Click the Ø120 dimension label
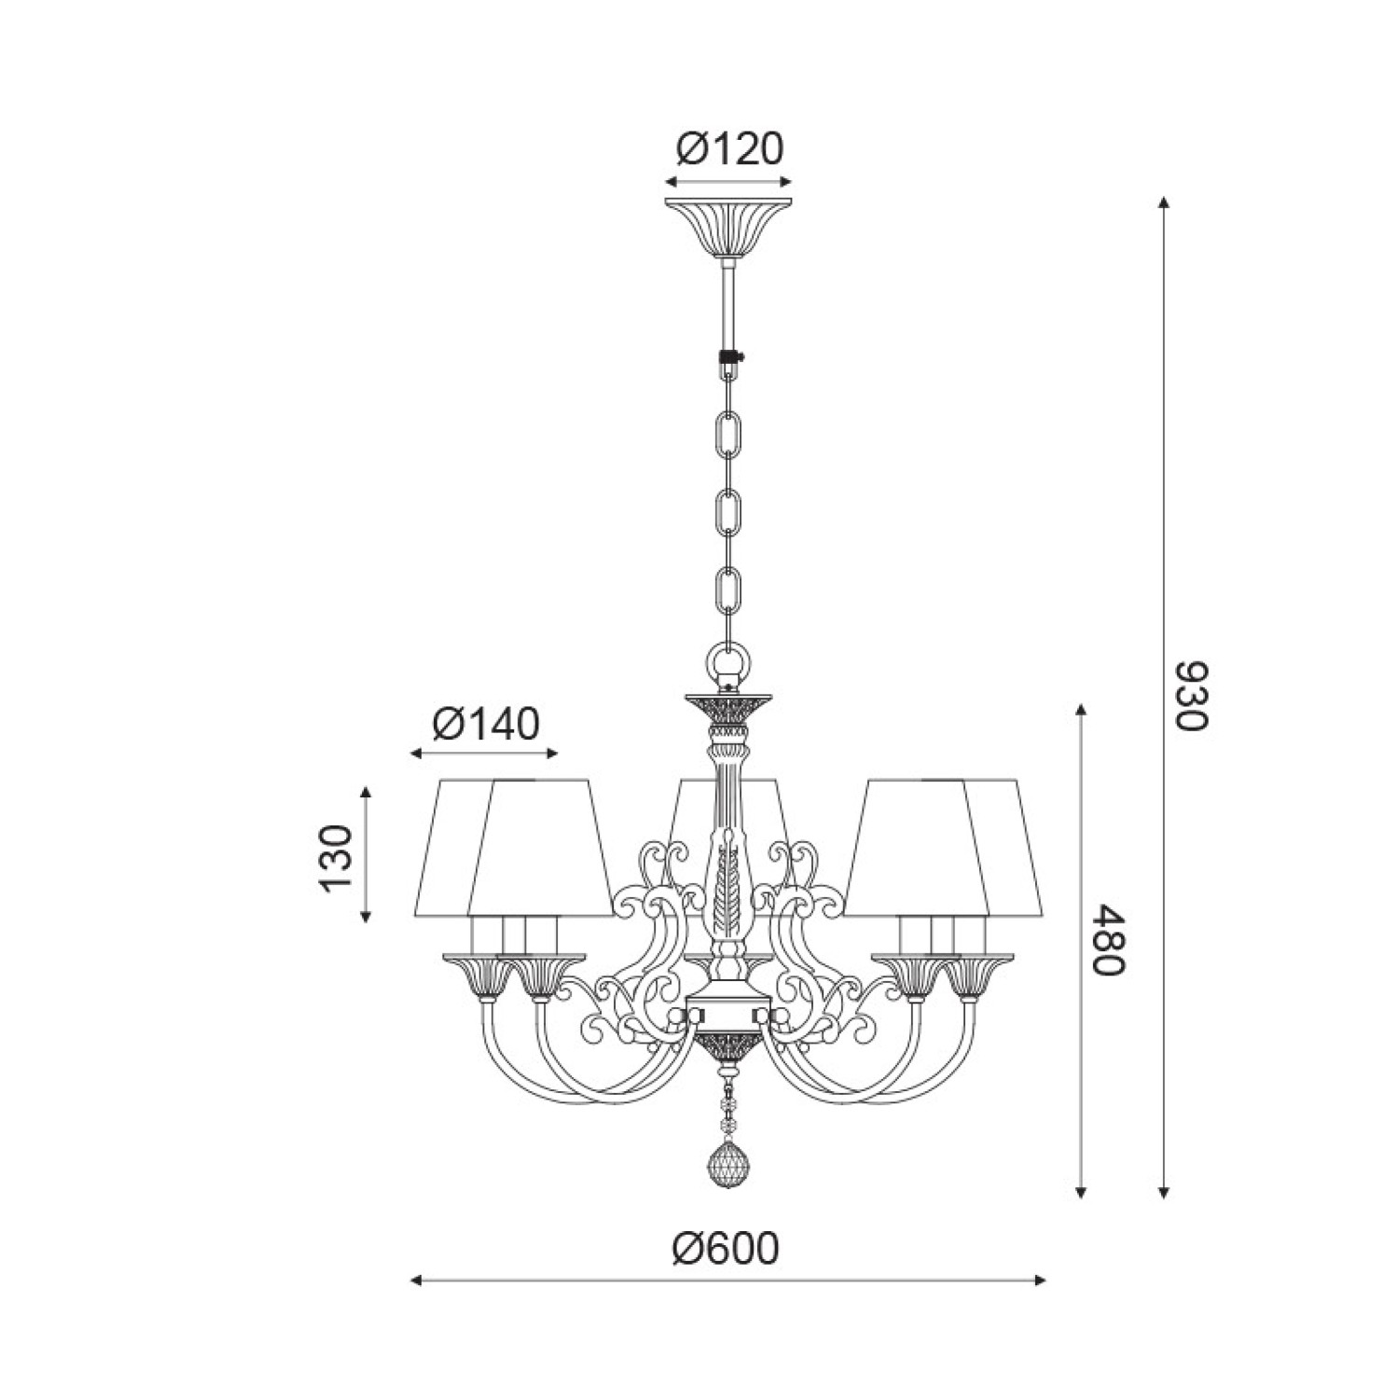coord(728,149)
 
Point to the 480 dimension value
coord(1110,939)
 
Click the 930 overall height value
coord(1191,697)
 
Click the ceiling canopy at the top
coord(728,228)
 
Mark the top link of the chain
coord(728,436)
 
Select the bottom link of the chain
coord(728,589)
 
